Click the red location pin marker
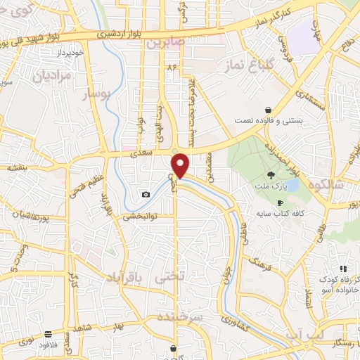pos(181,165)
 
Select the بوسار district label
pos(96,95)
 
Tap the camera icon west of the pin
pos(146,194)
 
